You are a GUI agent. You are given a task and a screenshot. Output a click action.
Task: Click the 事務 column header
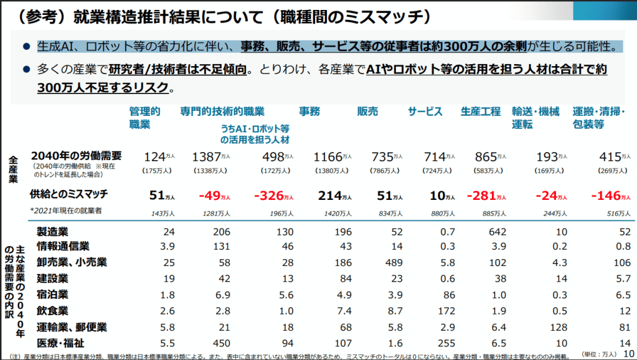point(309,111)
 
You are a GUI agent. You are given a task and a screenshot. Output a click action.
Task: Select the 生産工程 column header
point(480,111)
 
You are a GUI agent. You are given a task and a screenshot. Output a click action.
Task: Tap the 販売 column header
point(367,111)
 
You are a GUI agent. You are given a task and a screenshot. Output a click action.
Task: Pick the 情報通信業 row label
point(63,247)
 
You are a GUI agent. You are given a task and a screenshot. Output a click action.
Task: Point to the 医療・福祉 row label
point(60,342)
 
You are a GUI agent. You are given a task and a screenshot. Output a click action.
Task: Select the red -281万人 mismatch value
point(486,195)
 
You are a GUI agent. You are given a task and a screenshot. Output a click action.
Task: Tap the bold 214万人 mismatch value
point(334,195)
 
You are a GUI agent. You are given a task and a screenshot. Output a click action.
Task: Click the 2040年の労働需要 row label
point(76,156)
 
